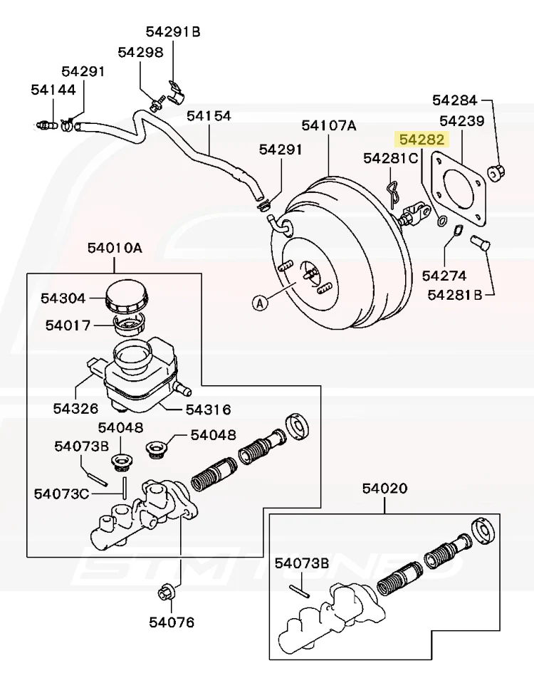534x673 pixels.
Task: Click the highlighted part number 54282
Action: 422,140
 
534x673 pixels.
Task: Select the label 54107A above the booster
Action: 328,126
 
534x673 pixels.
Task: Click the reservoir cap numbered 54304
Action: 127,296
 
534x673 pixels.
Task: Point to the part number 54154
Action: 209,116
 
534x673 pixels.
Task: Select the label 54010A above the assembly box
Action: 115,248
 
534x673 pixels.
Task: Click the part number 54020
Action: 384,488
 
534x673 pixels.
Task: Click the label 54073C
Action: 61,494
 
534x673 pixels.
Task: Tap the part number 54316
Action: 208,409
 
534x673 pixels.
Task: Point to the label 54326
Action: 75,408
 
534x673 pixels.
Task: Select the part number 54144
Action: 53,90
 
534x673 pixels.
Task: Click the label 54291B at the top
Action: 173,32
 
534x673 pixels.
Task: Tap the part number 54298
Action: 141,53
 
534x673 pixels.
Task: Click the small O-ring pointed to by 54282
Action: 441,221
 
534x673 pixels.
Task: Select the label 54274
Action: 444,276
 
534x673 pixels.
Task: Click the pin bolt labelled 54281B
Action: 481,243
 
